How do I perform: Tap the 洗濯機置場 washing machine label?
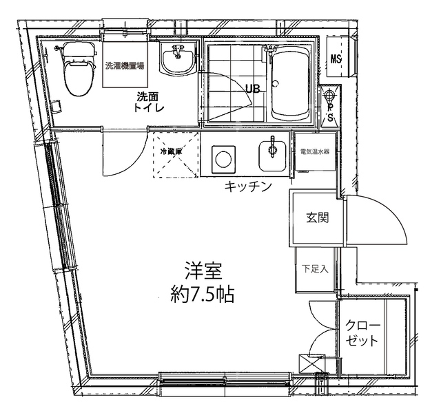tap(125, 67)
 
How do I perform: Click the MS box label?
tap(336, 58)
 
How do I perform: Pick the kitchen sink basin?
tap(272, 155)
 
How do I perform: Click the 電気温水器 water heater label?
tap(313, 150)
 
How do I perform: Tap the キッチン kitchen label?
tap(245, 186)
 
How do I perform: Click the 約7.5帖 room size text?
tap(202, 295)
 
